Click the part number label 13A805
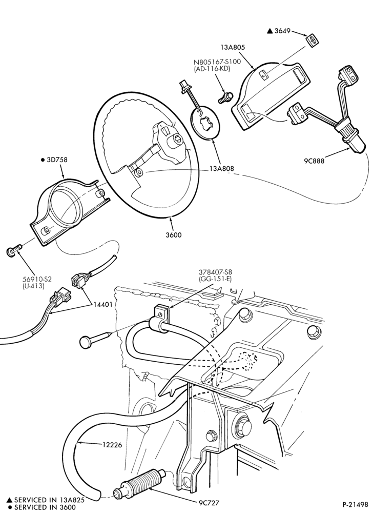point(233,47)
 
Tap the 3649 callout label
point(282,31)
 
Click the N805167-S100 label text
point(217,62)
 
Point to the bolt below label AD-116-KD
point(225,97)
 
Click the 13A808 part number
point(221,168)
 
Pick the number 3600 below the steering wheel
point(174,234)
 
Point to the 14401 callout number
point(103,305)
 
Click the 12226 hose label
point(112,445)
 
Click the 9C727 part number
point(209,503)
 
